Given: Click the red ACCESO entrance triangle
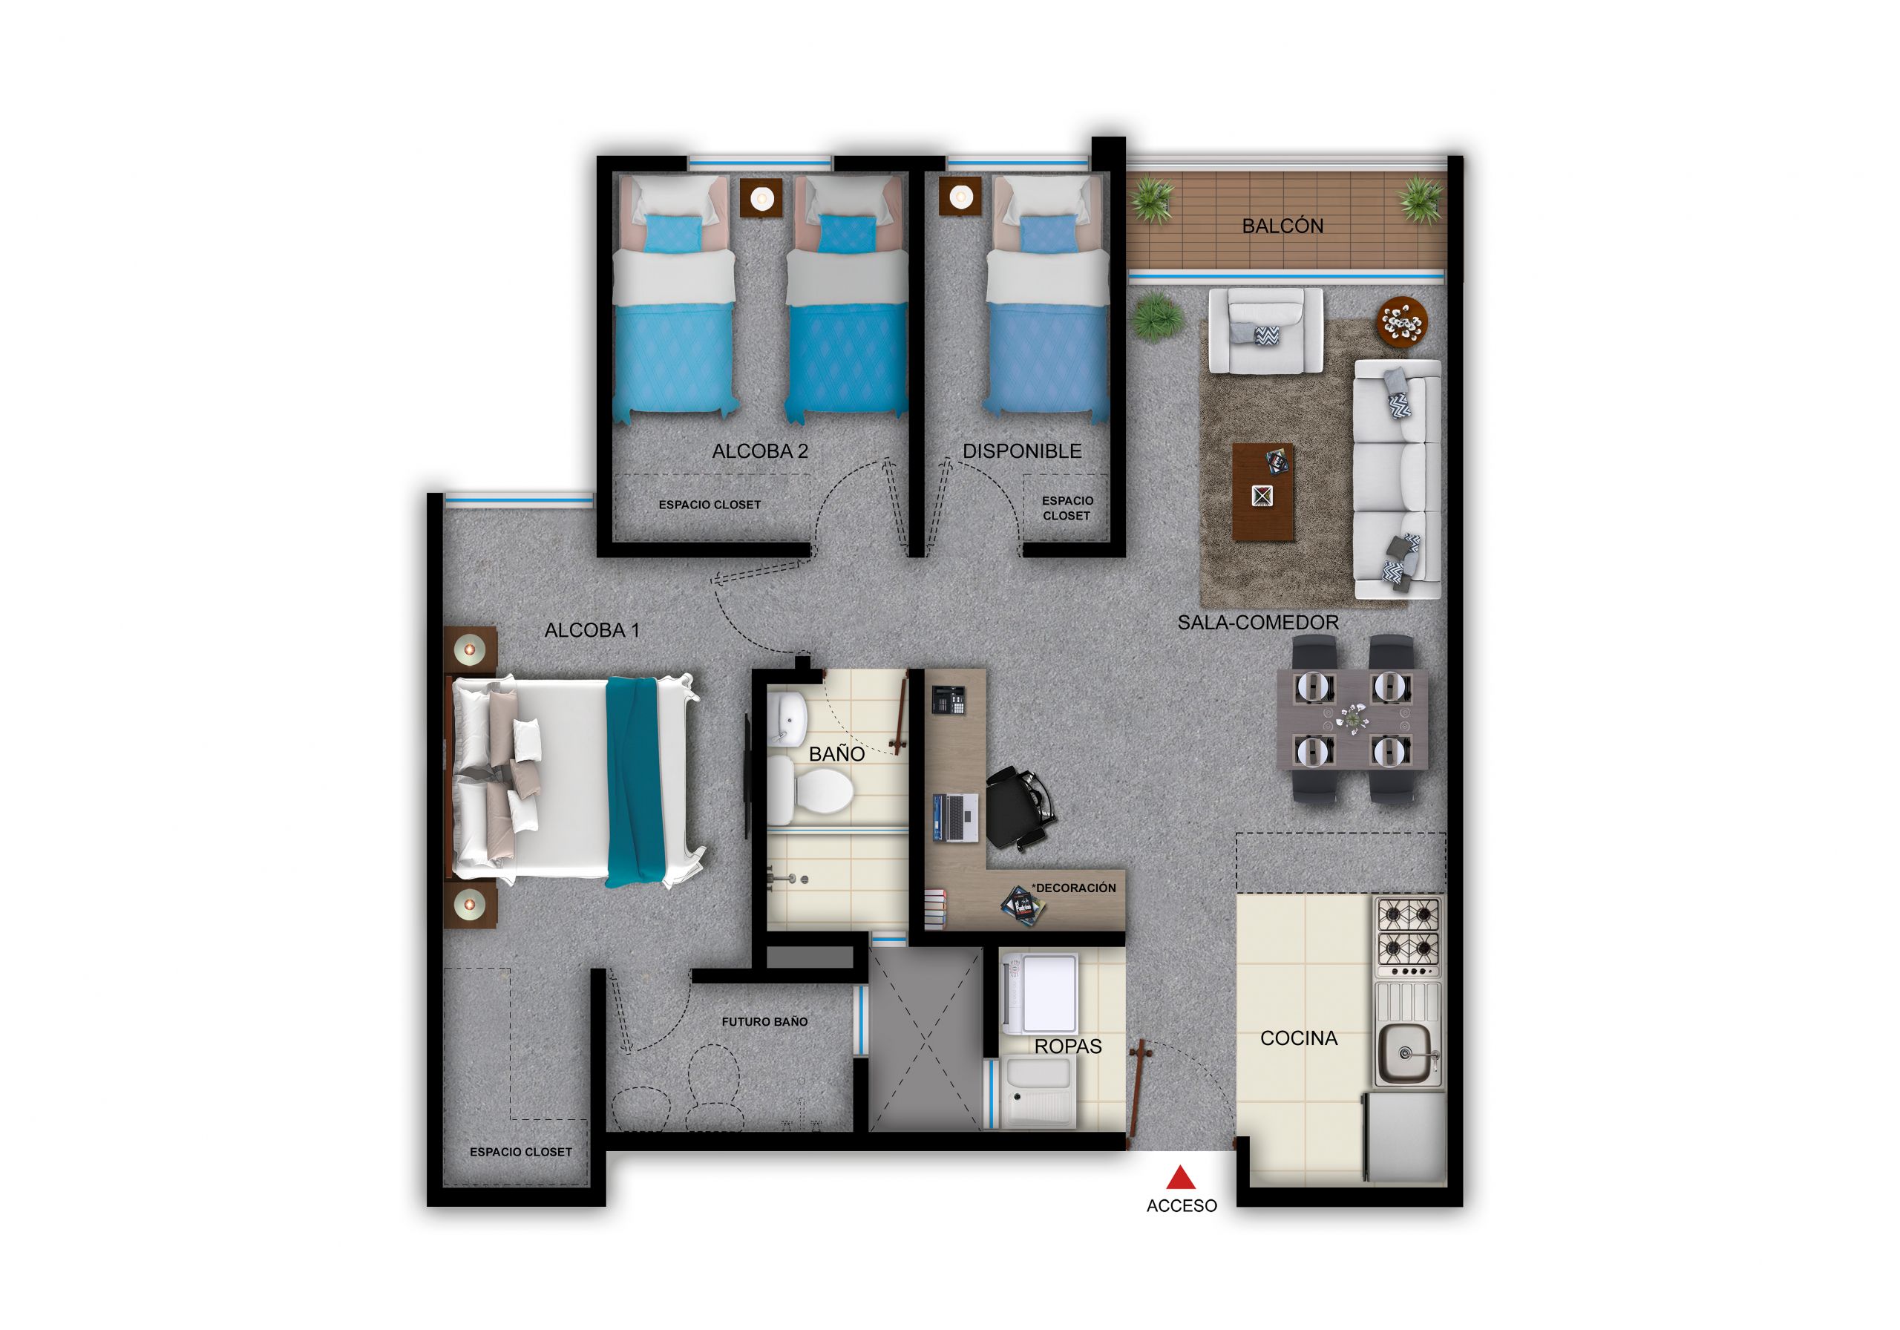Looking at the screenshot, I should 1181,1178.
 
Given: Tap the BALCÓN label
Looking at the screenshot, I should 1282,226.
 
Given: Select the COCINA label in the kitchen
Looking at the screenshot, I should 1298,1038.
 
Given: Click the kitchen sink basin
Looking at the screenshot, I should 1404,1052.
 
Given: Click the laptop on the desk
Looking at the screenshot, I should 956,817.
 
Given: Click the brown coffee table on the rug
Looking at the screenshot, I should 1262,491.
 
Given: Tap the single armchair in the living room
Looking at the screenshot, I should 1265,330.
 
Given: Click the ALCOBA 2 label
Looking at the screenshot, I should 760,451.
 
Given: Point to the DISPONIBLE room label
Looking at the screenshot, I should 1022,451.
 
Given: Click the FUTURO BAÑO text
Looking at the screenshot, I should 764,1022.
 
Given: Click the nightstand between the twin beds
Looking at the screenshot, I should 761,199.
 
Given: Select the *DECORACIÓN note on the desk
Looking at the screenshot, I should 1073,888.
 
